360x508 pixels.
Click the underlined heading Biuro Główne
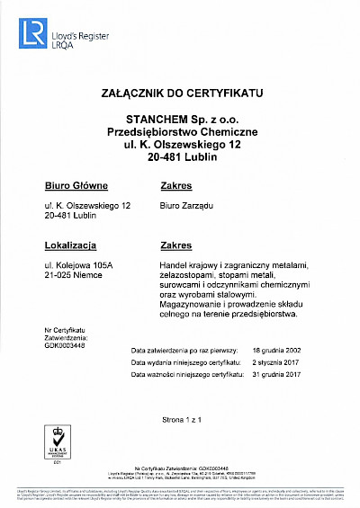coord(76,186)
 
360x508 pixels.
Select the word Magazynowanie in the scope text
coord(187,305)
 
